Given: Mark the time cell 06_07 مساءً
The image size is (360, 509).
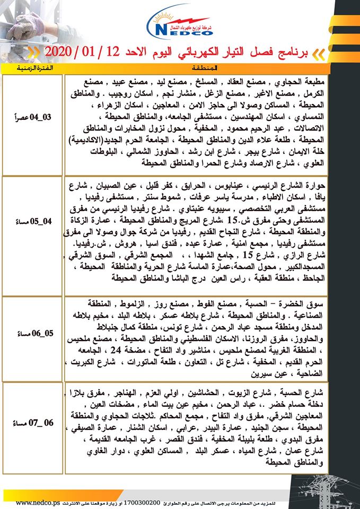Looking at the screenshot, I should [33, 424].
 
